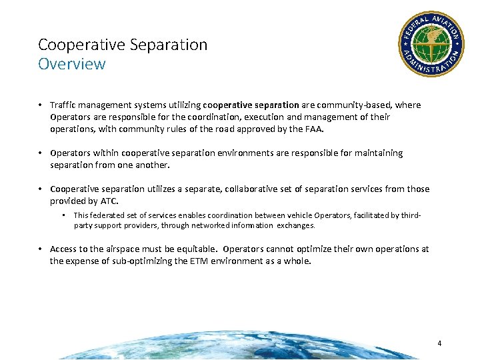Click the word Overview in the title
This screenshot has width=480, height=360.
[71, 64]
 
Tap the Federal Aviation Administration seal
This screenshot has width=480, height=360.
[431, 43]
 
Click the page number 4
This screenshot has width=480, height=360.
[439, 343]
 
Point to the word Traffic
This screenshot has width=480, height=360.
[65, 105]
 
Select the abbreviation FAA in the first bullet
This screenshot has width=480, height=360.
[313, 129]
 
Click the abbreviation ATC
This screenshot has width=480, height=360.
[107, 201]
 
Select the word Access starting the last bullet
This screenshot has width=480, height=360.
[64, 249]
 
